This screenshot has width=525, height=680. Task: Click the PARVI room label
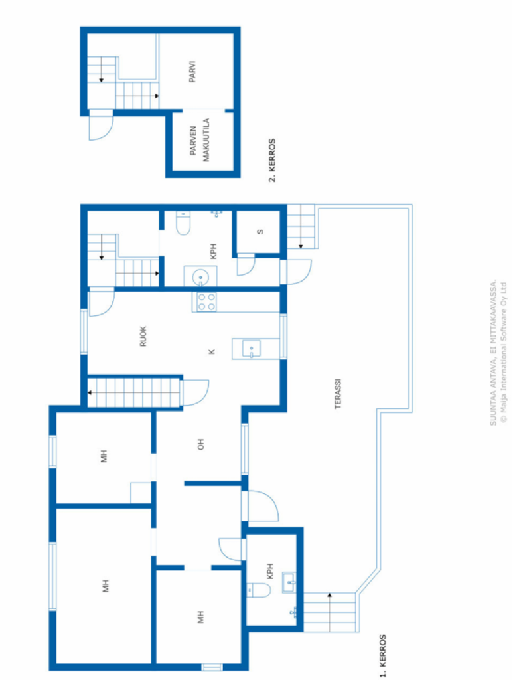tap(192, 72)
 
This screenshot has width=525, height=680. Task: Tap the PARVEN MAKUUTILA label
tap(200, 140)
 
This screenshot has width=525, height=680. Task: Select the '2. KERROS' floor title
tap(272, 161)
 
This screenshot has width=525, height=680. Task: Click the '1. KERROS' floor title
tap(383, 655)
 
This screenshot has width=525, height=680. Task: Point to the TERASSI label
tap(338, 394)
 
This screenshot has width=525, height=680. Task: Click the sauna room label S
tap(261, 232)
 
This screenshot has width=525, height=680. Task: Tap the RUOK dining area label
tap(143, 336)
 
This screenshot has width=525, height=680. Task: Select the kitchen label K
tap(212, 352)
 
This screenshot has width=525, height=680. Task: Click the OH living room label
tap(200, 444)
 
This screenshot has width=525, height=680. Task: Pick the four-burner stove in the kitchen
tap(206, 302)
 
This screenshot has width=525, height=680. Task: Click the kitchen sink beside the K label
tap(252, 349)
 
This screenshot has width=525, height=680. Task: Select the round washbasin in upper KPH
tap(200, 277)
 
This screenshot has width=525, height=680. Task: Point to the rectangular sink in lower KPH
tap(289, 582)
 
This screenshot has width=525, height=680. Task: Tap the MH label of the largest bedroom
tap(106, 586)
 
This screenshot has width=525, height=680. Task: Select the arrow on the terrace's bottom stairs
tap(329, 612)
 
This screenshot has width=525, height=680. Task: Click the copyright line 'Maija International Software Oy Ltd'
tap(503, 353)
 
